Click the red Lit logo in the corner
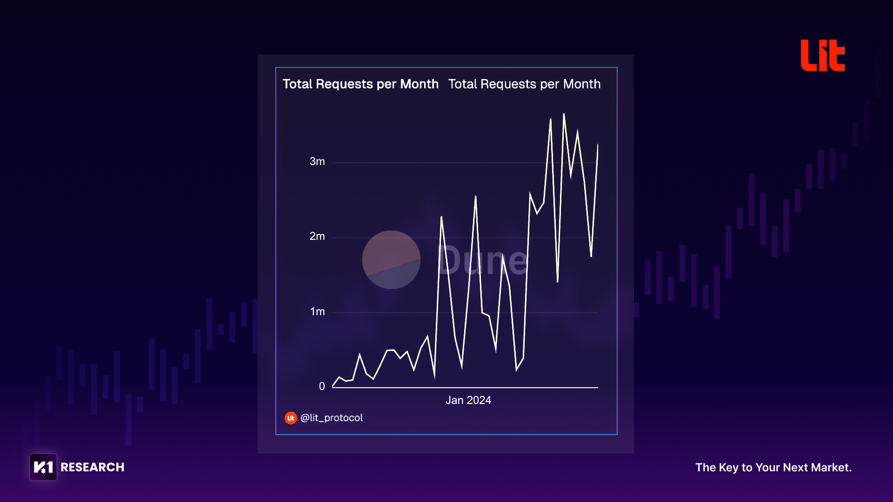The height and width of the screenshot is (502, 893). [x=822, y=55]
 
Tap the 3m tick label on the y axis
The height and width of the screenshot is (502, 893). [x=317, y=161]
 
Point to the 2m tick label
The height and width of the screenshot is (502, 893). [x=317, y=236]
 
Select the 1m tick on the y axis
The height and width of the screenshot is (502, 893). [x=317, y=311]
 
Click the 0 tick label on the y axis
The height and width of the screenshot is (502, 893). [x=322, y=386]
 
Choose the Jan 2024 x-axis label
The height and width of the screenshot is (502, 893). [x=468, y=400]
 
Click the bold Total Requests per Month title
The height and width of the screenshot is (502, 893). [x=360, y=84]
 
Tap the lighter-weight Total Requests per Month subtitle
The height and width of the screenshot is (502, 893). [x=524, y=84]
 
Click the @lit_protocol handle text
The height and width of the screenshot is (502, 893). [x=332, y=418]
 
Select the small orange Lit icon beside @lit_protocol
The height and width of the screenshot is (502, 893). [x=291, y=418]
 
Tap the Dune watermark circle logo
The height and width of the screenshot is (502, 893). [x=391, y=260]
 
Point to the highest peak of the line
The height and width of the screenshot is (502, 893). [x=564, y=114]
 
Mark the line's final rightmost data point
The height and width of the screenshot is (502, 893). [x=598, y=145]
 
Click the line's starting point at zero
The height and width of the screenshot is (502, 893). [x=333, y=386]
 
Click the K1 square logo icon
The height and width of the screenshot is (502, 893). [x=43, y=467]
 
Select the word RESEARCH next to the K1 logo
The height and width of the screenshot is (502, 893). [x=93, y=467]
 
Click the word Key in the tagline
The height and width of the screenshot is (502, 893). [x=729, y=468]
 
